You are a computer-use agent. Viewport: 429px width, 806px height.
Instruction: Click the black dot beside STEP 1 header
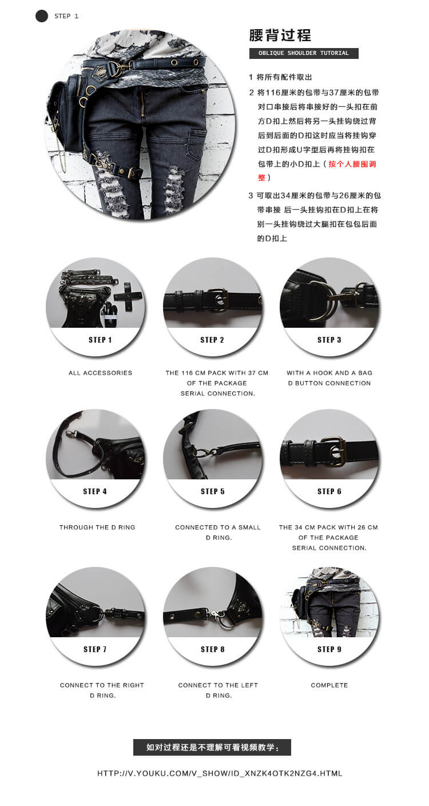pyautogui.click(x=41, y=16)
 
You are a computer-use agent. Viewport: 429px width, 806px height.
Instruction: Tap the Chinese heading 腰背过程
pyautogui.click(x=280, y=35)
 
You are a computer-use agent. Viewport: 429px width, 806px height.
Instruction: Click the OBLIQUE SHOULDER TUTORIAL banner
pyautogui.click(x=304, y=53)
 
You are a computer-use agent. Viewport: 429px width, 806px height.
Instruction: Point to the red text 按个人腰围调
pyautogui.click(x=352, y=164)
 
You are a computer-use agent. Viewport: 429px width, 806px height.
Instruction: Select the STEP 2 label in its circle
pyautogui.click(x=212, y=340)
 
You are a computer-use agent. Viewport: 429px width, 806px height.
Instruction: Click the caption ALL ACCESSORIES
pyautogui.click(x=101, y=373)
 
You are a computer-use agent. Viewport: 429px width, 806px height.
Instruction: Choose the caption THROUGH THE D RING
pyautogui.click(x=97, y=527)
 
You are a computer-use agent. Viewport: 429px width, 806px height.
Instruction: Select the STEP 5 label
pyautogui.click(x=212, y=491)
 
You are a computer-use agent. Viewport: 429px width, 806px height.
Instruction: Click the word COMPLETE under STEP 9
pyautogui.click(x=329, y=685)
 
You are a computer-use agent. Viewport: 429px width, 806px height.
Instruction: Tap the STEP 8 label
pyautogui.click(x=212, y=649)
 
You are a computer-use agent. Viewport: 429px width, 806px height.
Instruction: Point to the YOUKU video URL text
pyautogui.click(x=220, y=773)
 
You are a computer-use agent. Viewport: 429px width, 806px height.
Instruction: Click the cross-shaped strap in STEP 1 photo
pyautogui.click(x=128, y=296)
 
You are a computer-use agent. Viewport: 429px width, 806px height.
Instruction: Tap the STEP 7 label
pyautogui.click(x=95, y=649)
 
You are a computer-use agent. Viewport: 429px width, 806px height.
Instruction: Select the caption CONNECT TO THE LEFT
pyautogui.click(x=218, y=685)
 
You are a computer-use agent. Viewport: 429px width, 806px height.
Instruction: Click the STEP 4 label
pyautogui.click(x=95, y=491)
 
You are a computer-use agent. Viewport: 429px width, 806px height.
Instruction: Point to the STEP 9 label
pyautogui.click(x=329, y=649)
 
